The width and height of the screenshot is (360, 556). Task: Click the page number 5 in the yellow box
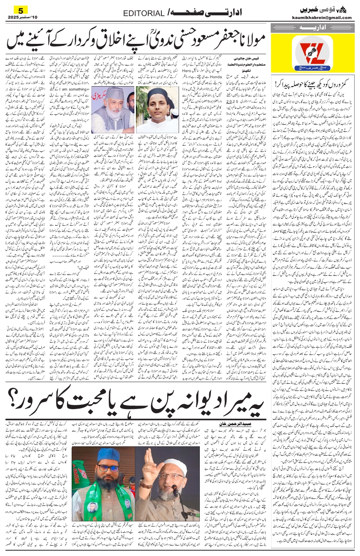click(15, 10)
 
